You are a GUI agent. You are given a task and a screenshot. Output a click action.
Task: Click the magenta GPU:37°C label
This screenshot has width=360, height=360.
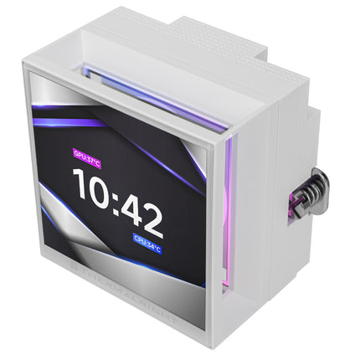[x=85, y=154]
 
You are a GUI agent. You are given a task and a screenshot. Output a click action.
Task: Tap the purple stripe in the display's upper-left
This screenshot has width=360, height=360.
[x=67, y=123]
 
